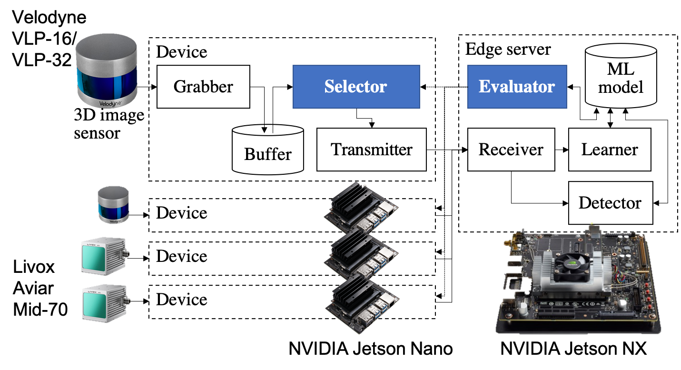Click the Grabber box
[203, 87]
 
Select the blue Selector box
[356, 87]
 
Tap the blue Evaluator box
[517, 87]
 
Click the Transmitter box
[371, 150]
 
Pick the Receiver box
[511, 150]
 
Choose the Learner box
[610, 150]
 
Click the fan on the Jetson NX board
[572, 263]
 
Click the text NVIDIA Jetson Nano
[371, 349]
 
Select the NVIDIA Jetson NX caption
[573, 349]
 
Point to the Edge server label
[508, 49]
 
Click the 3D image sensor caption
[109, 123]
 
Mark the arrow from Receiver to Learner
[562, 150]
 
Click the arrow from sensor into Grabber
[147, 87]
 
